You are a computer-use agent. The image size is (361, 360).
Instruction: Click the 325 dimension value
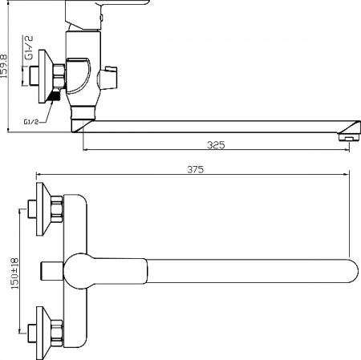(x=215, y=145)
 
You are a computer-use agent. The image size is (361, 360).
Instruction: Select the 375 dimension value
(x=195, y=169)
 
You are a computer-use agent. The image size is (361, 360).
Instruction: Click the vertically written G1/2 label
(x=29, y=49)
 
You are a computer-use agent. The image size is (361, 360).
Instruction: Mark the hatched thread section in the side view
(x=54, y=96)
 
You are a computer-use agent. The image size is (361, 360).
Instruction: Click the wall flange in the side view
(x=41, y=78)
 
